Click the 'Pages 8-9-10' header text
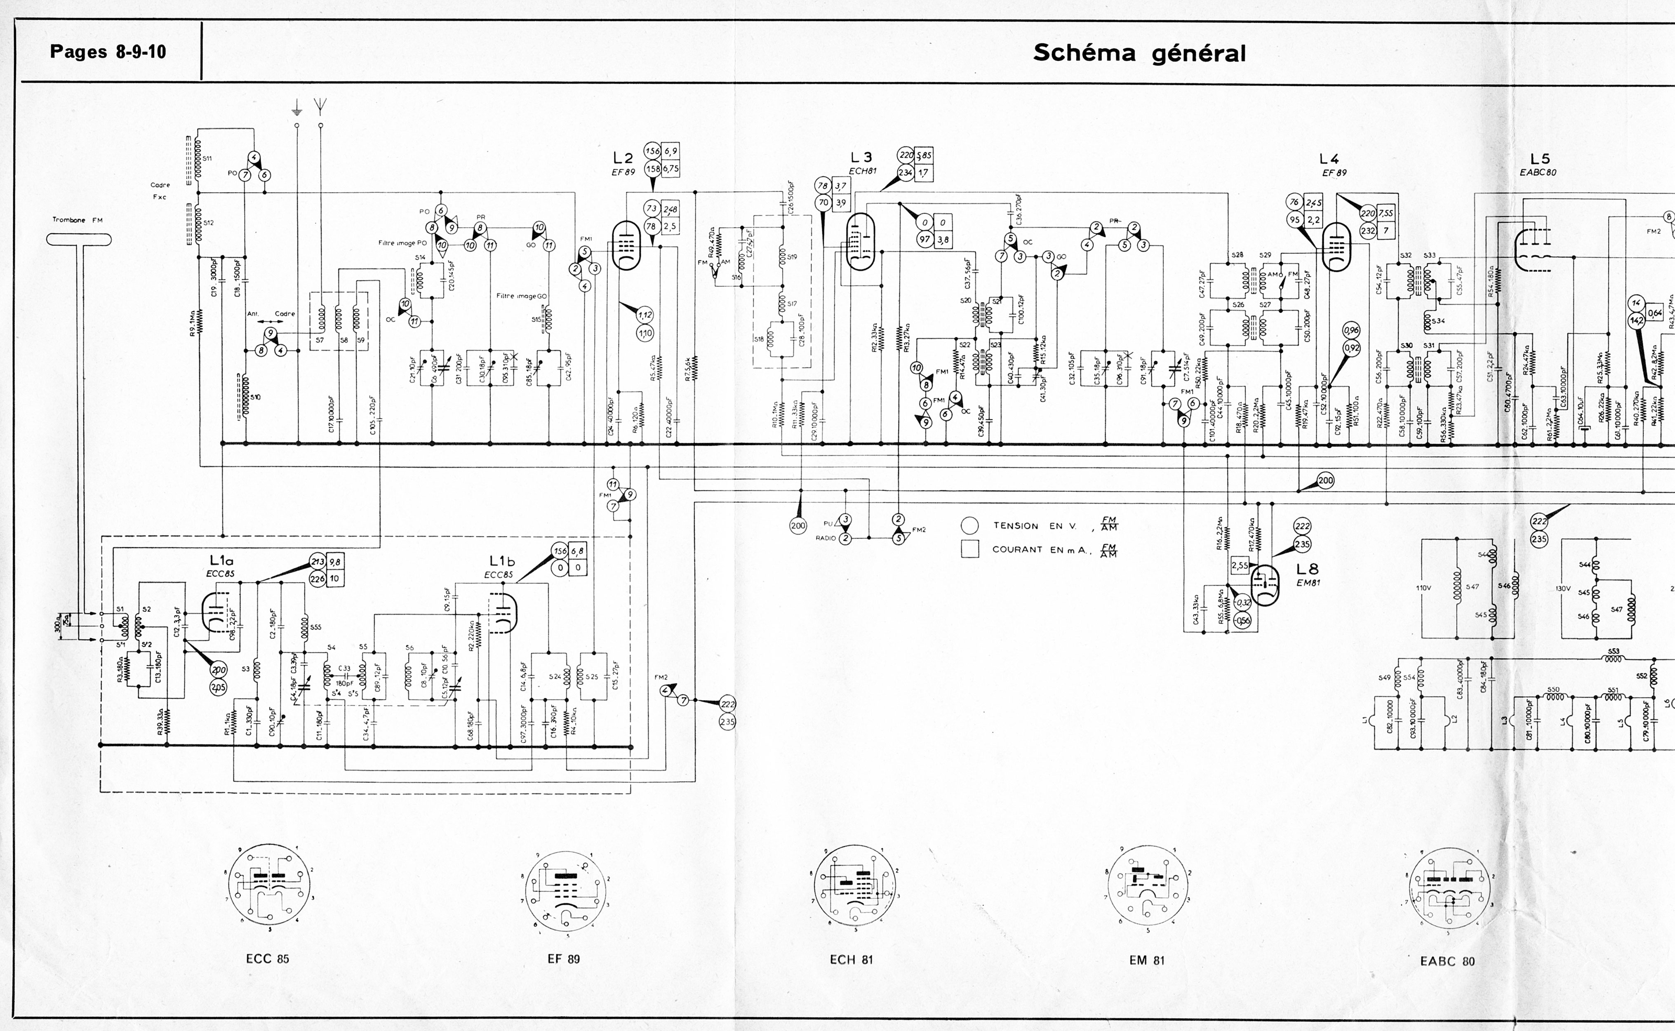108,52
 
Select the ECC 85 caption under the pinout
267,959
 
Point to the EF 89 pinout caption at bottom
564,959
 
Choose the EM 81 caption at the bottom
1147,960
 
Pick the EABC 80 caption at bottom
1447,961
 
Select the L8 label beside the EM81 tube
1308,569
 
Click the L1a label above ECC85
221,560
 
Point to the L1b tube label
502,561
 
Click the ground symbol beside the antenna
296,108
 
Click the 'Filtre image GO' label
522,296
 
